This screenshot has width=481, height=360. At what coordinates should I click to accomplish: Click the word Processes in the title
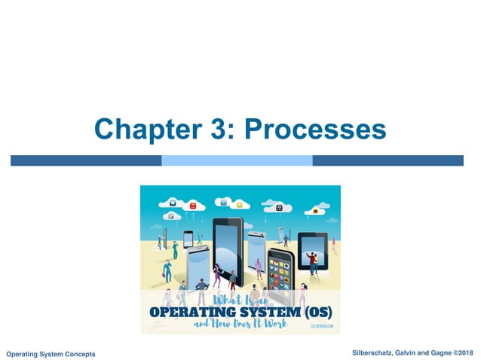pos(316,130)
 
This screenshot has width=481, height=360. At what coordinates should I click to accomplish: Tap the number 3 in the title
pos(215,130)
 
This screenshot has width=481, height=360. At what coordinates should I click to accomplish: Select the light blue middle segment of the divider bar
pos(237,160)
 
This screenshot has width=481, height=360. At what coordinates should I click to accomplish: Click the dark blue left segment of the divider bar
pos(86,160)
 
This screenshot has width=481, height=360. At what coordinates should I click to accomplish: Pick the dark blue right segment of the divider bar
pos(388,160)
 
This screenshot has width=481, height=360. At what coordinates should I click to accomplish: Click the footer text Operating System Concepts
pos(51,354)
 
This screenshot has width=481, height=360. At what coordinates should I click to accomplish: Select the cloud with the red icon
pos(193,206)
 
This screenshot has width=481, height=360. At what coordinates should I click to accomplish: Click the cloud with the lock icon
pos(279,206)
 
